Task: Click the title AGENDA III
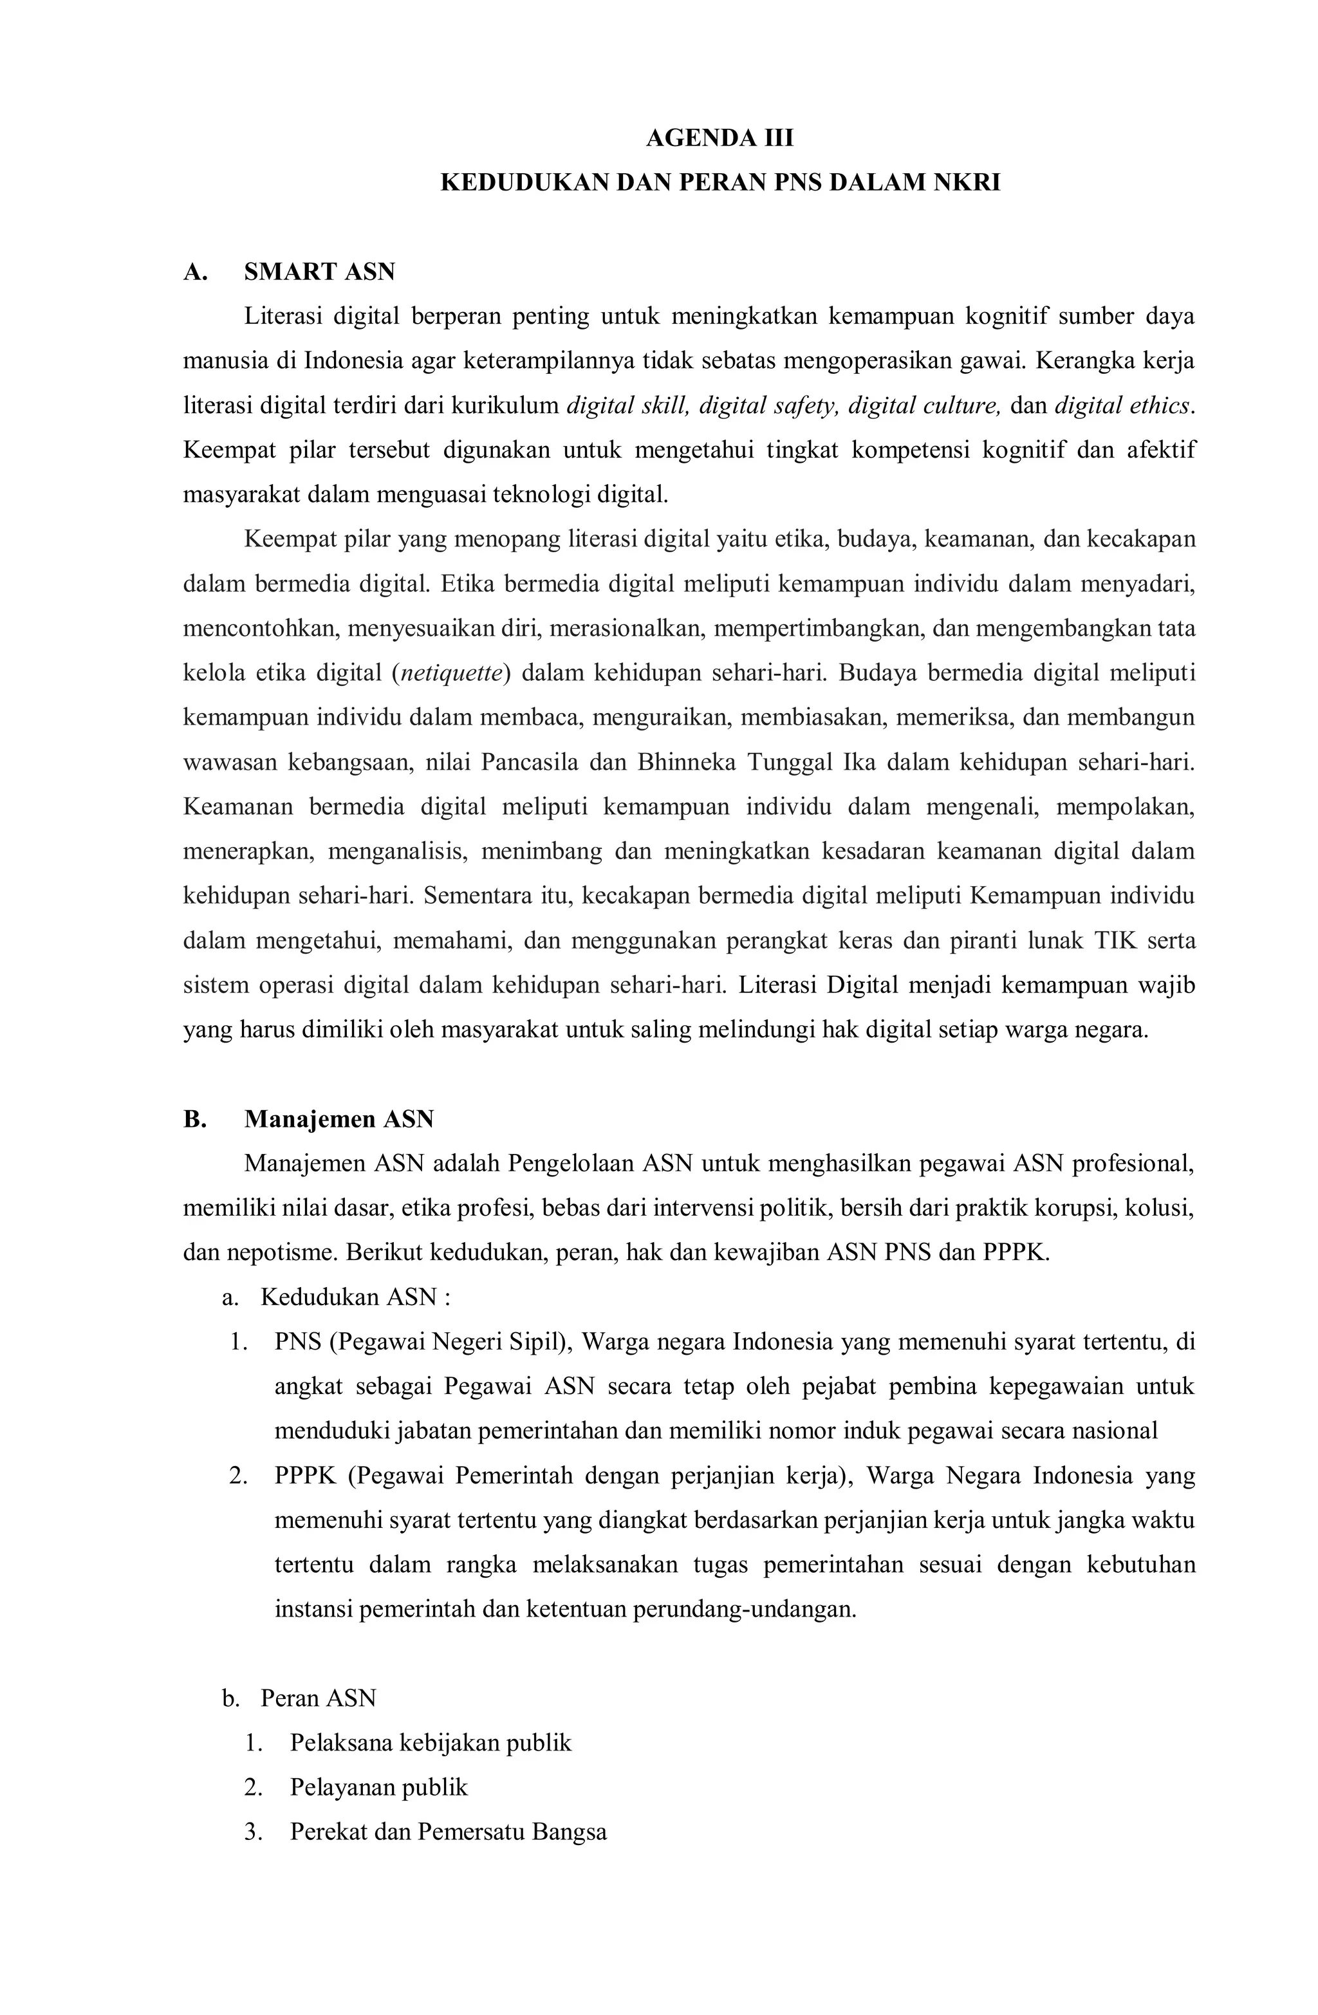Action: [x=719, y=138]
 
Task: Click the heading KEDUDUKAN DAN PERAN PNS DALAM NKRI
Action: [x=719, y=183]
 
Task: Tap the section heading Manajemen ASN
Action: [x=339, y=1119]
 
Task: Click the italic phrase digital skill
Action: [x=628, y=405]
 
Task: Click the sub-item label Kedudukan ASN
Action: [x=349, y=1297]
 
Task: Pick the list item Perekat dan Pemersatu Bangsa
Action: [x=448, y=1832]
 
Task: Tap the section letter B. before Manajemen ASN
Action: [x=195, y=1119]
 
